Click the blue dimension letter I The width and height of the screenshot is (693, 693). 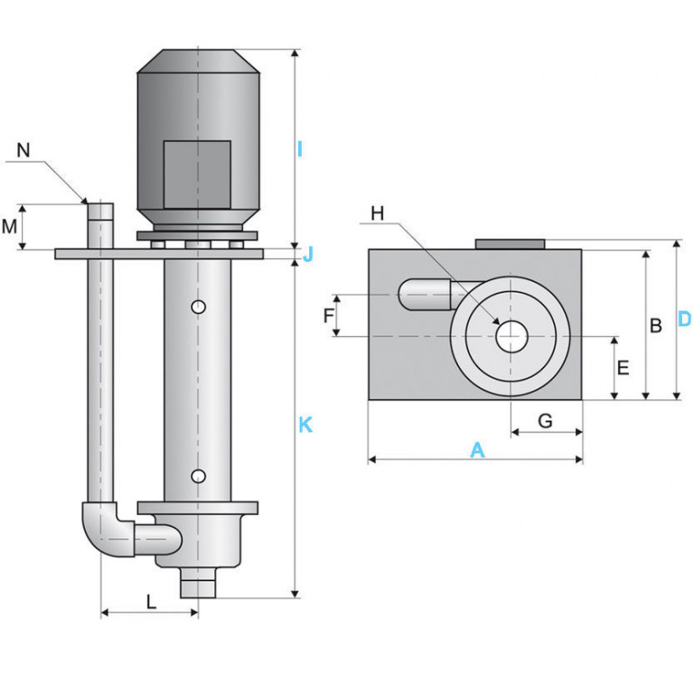(x=300, y=149)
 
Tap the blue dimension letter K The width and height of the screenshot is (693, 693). (x=305, y=425)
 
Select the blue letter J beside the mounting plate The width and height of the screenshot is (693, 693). (x=307, y=254)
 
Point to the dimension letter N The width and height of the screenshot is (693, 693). (x=23, y=150)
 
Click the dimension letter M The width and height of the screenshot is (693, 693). (x=9, y=227)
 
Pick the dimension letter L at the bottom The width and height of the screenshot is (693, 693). (x=151, y=602)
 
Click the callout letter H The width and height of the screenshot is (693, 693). (x=377, y=213)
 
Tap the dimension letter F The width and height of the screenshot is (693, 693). (x=328, y=316)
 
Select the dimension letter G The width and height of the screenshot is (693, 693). (x=546, y=421)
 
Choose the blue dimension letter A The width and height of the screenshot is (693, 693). (x=477, y=450)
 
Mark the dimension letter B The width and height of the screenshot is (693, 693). (x=656, y=326)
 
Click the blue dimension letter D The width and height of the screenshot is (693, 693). (x=684, y=319)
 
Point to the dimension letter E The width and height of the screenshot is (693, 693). (x=623, y=368)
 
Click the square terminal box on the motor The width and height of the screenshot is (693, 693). (x=197, y=174)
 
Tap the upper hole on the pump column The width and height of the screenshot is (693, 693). (x=199, y=306)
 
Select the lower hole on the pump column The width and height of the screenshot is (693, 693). (x=199, y=476)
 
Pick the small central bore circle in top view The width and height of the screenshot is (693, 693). (x=511, y=337)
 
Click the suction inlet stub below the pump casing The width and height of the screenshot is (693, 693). (x=198, y=583)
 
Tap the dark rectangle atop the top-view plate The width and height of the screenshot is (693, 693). (x=510, y=245)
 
